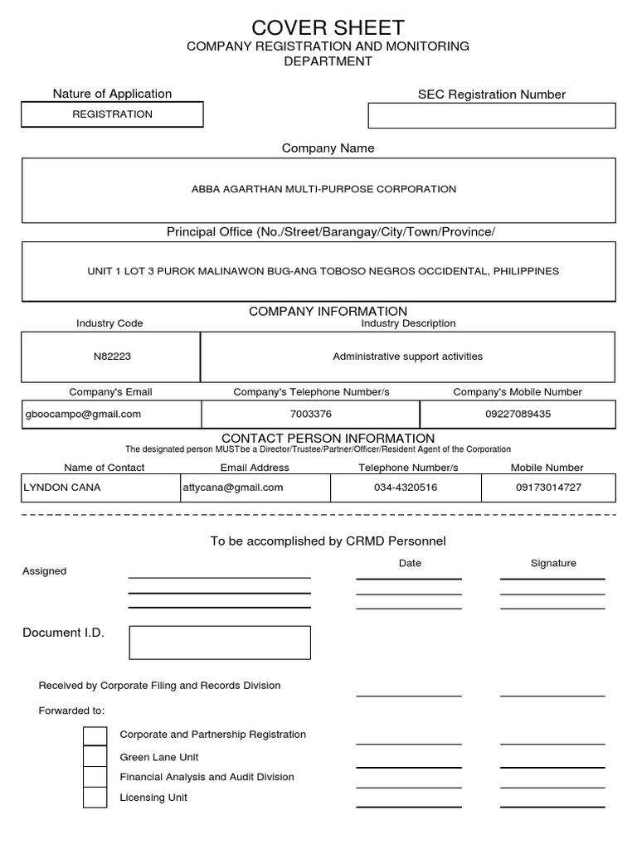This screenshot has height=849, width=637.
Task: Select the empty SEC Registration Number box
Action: pyautogui.click(x=491, y=115)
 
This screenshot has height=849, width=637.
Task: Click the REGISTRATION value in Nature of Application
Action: pyautogui.click(x=112, y=114)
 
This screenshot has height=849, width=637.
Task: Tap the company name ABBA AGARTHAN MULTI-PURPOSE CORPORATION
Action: pyautogui.click(x=323, y=189)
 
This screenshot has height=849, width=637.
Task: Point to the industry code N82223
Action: pyautogui.click(x=112, y=357)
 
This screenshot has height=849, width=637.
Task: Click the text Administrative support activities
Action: pyautogui.click(x=407, y=357)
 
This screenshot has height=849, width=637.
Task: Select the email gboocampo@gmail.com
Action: pyautogui.click(x=84, y=414)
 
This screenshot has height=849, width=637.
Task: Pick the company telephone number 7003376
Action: pyautogui.click(x=311, y=414)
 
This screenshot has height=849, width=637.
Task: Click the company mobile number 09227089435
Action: pyautogui.click(x=517, y=414)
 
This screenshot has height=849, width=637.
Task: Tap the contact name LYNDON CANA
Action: pyautogui.click(x=62, y=488)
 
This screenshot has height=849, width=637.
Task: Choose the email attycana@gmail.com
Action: pyautogui.click(x=233, y=488)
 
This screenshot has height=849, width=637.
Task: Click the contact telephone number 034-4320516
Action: pyautogui.click(x=406, y=488)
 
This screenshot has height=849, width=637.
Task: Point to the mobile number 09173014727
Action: pyautogui.click(x=548, y=488)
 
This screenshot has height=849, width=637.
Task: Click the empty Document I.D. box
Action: pyautogui.click(x=220, y=643)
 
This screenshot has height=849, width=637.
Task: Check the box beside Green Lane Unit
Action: pyautogui.click(x=95, y=757)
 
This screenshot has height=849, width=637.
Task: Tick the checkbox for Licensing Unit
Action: pyautogui.click(x=95, y=798)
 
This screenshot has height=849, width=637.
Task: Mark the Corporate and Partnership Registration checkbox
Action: pyautogui.click(x=95, y=736)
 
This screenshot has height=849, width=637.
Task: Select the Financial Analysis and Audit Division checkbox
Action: pyautogui.click(x=95, y=777)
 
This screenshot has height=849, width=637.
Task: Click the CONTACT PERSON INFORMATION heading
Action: pyautogui.click(x=328, y=438)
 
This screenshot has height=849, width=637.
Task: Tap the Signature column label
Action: pyautogui.click(x=553, y=563)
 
